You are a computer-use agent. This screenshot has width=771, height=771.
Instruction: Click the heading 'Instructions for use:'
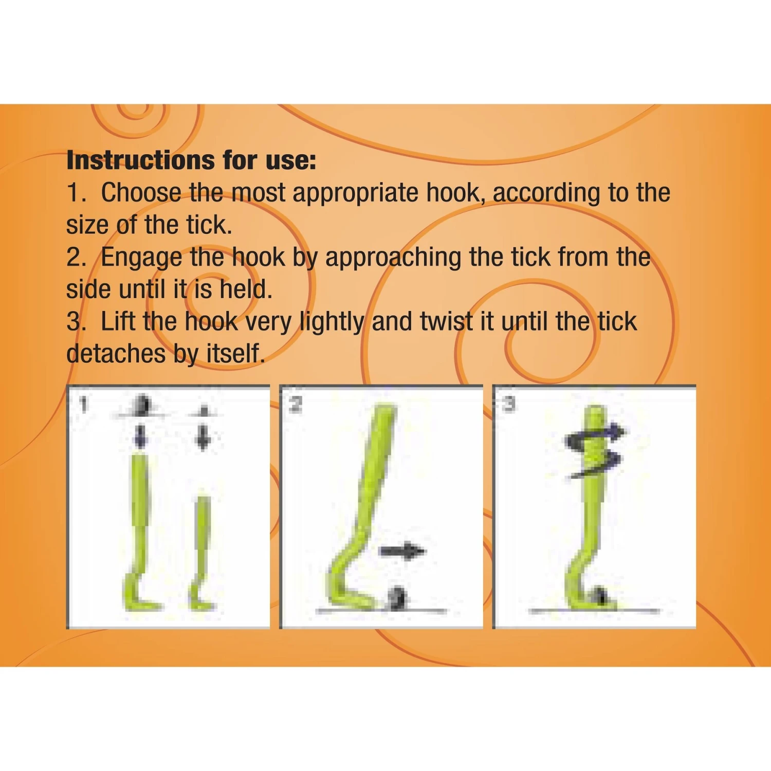point(191,160)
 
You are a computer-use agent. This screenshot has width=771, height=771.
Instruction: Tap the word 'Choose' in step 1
point(140,193)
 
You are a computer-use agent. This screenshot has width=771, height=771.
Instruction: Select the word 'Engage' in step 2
point(141,258)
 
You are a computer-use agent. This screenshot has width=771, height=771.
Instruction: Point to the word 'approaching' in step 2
point(393,258)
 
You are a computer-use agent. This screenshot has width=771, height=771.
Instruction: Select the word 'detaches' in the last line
point(115,354)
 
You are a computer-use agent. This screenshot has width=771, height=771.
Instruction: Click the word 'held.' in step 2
point(246,289)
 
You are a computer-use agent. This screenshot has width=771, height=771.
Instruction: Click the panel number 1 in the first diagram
point(84,405)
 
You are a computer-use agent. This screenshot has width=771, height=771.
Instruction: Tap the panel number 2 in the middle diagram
point(296,405)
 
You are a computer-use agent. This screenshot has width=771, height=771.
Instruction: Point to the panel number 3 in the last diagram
point(508,404)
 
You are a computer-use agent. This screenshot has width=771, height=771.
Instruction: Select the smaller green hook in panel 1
point(202,550)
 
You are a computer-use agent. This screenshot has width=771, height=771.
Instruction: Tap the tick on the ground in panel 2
point(397,598)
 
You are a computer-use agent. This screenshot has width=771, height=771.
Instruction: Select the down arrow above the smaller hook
point(204,437)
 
